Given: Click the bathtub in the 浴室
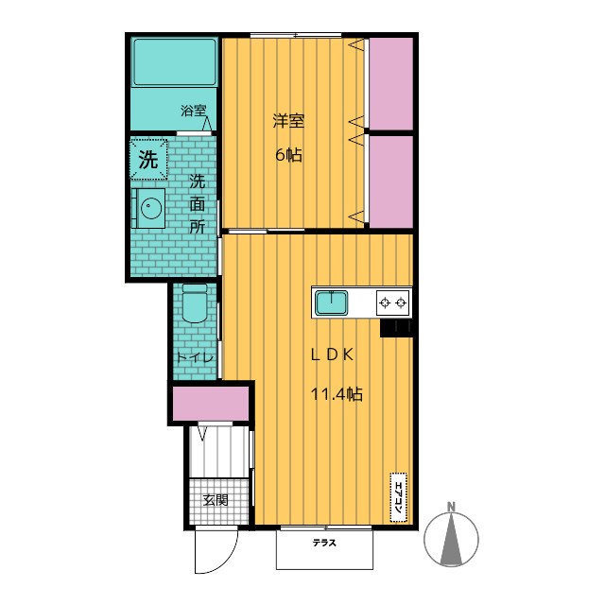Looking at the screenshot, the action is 175,62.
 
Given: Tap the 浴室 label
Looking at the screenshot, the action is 194,112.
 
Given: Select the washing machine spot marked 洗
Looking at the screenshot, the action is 148,159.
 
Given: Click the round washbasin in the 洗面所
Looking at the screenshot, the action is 151,208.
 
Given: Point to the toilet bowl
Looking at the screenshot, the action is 195,303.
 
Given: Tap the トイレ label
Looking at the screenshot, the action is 195,357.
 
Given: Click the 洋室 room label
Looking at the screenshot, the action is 288,121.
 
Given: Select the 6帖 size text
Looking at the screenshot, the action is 288,155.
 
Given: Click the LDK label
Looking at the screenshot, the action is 332,355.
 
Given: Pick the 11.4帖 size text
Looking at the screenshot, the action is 337,394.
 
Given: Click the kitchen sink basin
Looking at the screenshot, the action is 332,302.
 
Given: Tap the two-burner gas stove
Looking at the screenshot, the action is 393,302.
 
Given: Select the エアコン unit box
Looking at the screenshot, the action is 399,497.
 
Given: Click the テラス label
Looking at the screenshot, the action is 324,543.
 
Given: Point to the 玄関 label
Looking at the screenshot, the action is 216,500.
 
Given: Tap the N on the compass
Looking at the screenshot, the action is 451,507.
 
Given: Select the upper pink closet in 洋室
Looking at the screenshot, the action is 391,84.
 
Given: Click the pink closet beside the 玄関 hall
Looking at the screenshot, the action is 210,404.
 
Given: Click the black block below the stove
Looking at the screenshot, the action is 396,328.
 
